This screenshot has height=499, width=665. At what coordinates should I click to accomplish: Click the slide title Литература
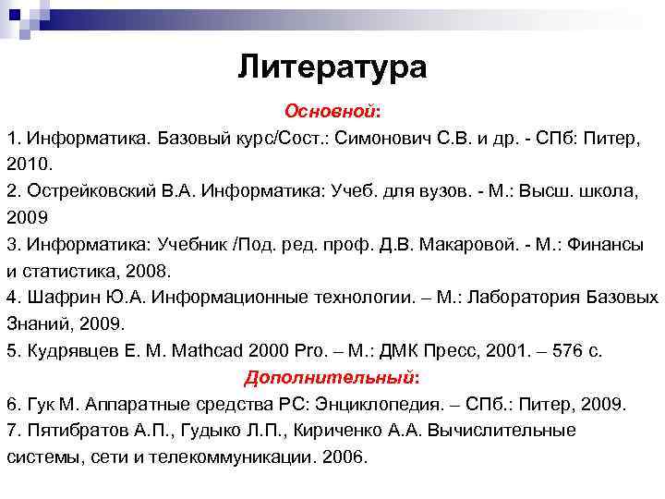332,67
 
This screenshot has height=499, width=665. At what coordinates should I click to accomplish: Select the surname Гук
41,404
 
